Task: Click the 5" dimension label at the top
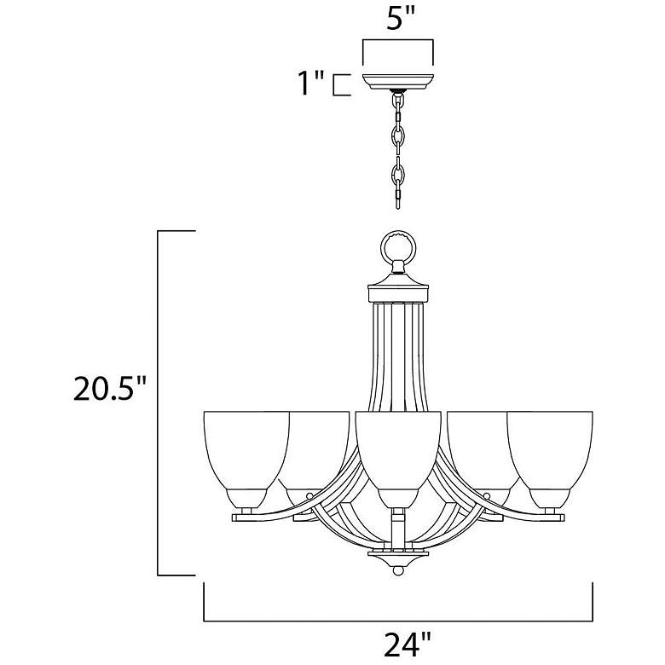397,19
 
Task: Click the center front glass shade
397,452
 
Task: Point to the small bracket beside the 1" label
340,85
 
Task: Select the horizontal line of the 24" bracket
397,619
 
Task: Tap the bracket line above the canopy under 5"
397,40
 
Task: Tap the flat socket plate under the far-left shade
248,515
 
